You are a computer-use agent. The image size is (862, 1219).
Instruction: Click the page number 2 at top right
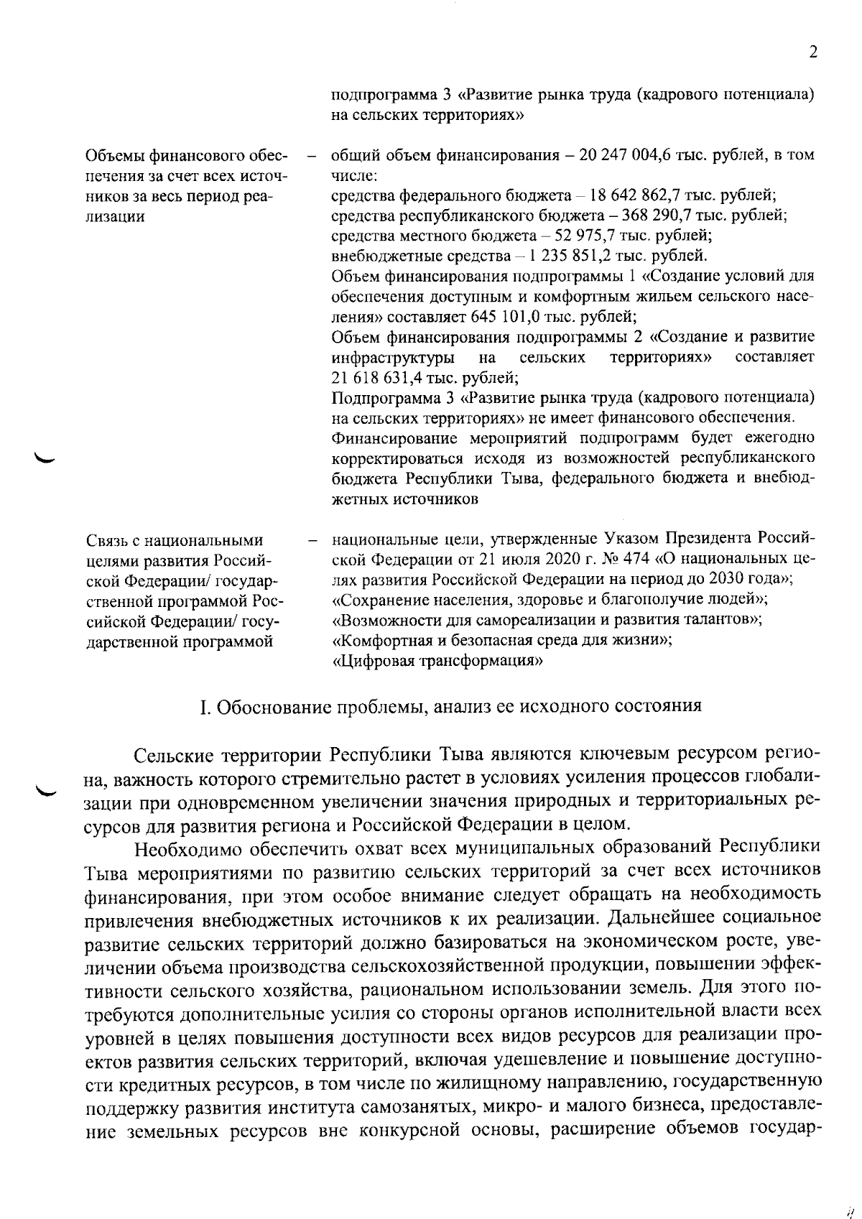[813, 52]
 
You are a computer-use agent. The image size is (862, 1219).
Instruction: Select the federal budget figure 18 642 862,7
[644, 195]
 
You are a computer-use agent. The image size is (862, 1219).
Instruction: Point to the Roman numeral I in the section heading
[204, 707]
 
